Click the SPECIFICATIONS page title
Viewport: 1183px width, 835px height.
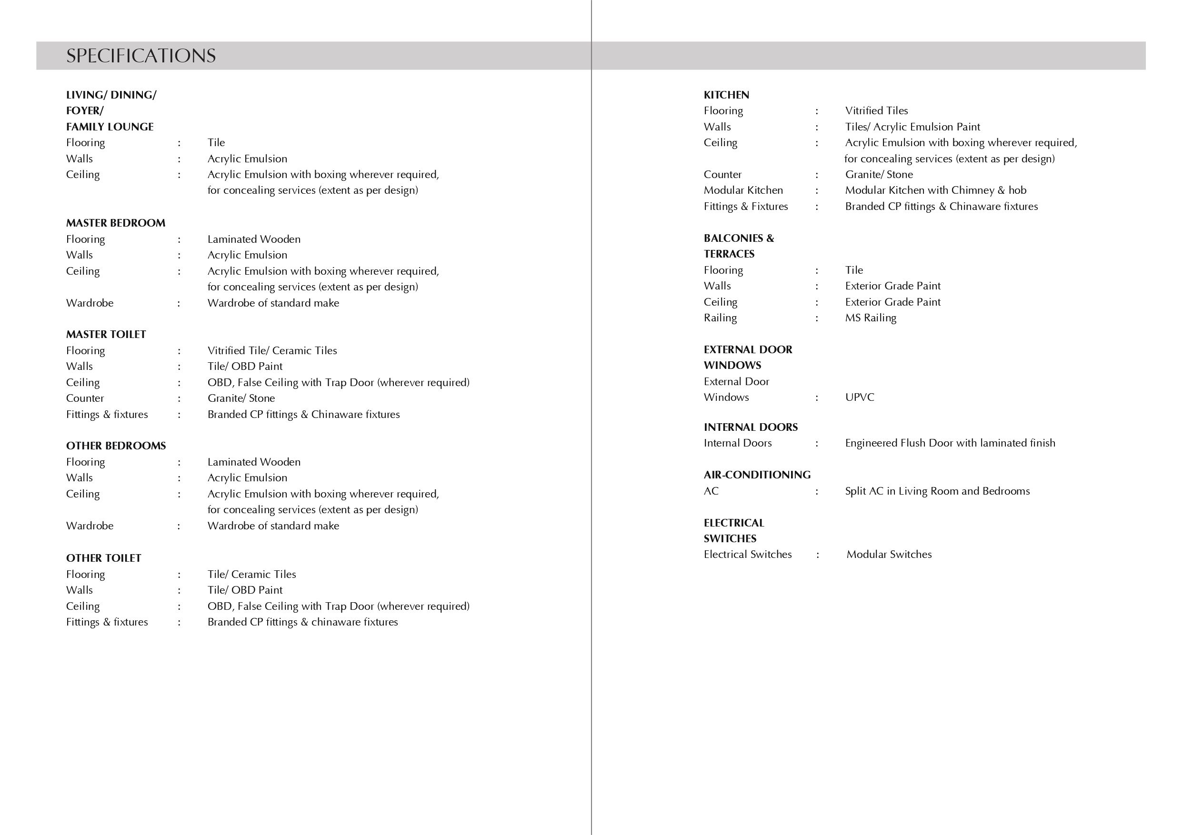(x=140, y=56)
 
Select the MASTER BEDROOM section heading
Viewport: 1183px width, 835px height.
(x=115, y=223)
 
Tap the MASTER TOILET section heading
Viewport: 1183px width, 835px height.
(x=106, y=334)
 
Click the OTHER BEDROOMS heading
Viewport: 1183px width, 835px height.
(x=116, y=446)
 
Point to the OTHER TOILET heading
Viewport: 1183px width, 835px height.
(x=103, y=558)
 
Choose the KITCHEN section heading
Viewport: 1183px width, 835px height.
(x=726, y=95)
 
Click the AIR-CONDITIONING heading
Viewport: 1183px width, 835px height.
(x=757, y=475)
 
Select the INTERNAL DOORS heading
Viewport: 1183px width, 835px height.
(x=750, y=427)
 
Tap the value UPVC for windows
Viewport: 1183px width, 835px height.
(x=860, y=397)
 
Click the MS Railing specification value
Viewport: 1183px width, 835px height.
(x=870, y=318)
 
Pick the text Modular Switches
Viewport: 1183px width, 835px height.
(x=889, y=554)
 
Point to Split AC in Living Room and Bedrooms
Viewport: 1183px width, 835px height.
(x=937, y=491)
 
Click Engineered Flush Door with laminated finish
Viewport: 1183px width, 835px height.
(x=950, y=443)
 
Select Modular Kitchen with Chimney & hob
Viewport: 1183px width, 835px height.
(x=935, y=190)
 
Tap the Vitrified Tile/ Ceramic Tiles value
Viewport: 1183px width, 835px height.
(x=272, y=350)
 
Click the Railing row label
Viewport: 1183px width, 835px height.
(x=720, y=318)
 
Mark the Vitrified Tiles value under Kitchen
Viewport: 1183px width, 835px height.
(x=876, y=111)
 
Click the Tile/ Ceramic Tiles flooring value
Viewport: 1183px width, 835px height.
(x=251, y=574)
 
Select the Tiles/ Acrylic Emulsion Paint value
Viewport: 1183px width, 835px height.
(x=912, y=127)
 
